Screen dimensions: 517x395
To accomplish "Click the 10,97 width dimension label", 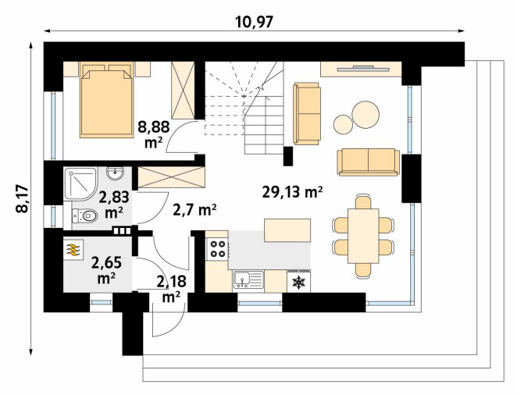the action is point(255,22).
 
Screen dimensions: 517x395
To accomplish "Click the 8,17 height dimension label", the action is point(23,199).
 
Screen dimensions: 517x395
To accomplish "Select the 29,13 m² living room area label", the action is point(292,192).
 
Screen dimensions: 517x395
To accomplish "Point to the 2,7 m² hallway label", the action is point(194,209).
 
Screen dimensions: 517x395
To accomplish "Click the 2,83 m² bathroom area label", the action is point(114,205).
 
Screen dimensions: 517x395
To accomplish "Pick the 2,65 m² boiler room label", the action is point(106,270).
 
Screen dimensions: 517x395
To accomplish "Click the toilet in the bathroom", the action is point(84,215).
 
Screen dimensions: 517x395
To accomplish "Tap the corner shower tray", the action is point(80,183).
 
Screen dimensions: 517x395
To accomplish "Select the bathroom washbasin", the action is point(115,173).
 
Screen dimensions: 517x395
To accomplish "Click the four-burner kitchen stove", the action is point(218,249).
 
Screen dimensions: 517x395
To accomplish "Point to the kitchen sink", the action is point(248,279).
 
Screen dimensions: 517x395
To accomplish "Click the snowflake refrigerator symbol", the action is point(299,282).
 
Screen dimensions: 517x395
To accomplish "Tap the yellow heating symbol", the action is point(73,250).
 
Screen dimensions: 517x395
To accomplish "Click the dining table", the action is point(363,236).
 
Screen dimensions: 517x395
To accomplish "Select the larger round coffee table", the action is point(365,115).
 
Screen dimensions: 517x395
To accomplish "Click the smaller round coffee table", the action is point(344,124).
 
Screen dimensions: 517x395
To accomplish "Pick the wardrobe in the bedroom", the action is point(183,91).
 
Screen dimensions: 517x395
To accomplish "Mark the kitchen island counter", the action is point(287,230).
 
